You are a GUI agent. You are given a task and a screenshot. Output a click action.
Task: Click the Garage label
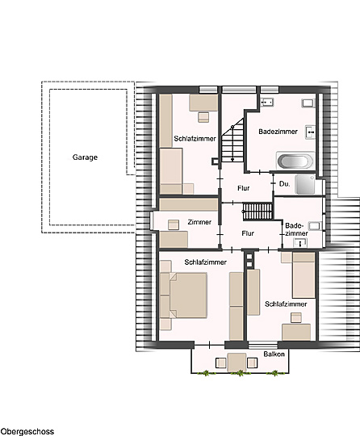(85, 157)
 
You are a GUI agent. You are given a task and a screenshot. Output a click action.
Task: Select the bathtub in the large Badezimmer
(295, 161)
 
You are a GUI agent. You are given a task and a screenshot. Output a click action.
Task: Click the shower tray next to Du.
(305, 184)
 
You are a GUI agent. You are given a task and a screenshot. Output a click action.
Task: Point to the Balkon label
(274, 354)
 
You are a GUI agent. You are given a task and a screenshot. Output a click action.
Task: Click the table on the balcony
(237, 363)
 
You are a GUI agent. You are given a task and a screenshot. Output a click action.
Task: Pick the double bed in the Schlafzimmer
(187, 295)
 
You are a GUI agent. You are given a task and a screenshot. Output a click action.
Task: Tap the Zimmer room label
(199, 222)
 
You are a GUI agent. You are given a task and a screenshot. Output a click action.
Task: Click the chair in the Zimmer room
(174, 224)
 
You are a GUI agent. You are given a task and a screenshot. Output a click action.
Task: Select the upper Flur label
(244, 188)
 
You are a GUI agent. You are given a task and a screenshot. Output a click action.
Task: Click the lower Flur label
(248, 233)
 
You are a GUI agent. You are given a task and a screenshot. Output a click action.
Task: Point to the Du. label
(284, 184)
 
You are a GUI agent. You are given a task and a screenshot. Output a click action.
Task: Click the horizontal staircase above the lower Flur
(257, 212)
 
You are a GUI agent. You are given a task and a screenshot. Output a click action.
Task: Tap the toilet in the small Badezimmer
(315, 226)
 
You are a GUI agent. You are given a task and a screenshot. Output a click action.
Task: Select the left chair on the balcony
(221, 363)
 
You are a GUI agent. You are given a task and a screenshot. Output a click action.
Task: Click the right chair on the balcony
(252, 363)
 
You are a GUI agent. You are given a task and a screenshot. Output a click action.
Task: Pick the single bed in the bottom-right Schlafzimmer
(303, 275)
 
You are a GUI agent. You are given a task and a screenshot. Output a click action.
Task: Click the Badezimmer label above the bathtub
(278, 132)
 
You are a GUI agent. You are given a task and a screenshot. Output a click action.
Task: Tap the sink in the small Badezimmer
(300, 243)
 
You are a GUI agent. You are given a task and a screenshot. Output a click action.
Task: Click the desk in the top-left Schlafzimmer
(203, 103)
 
